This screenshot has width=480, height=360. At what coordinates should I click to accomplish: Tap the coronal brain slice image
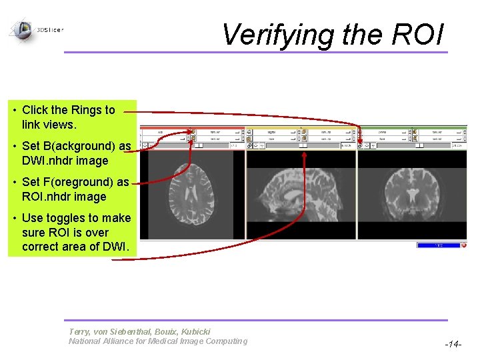412,195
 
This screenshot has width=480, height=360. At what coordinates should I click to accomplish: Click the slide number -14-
452,345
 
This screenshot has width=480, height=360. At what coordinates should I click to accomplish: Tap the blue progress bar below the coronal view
438,245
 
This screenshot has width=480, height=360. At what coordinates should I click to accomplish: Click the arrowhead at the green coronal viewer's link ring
359,140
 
